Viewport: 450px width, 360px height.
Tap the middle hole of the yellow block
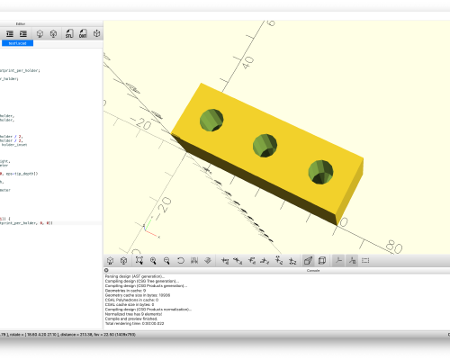265,144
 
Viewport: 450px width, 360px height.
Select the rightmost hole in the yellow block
320,170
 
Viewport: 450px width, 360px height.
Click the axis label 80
393,244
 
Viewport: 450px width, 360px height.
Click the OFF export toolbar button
83,33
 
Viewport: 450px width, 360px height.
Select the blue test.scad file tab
17,42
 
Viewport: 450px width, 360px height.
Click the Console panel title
313,269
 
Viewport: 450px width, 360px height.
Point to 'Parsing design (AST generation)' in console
135,276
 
